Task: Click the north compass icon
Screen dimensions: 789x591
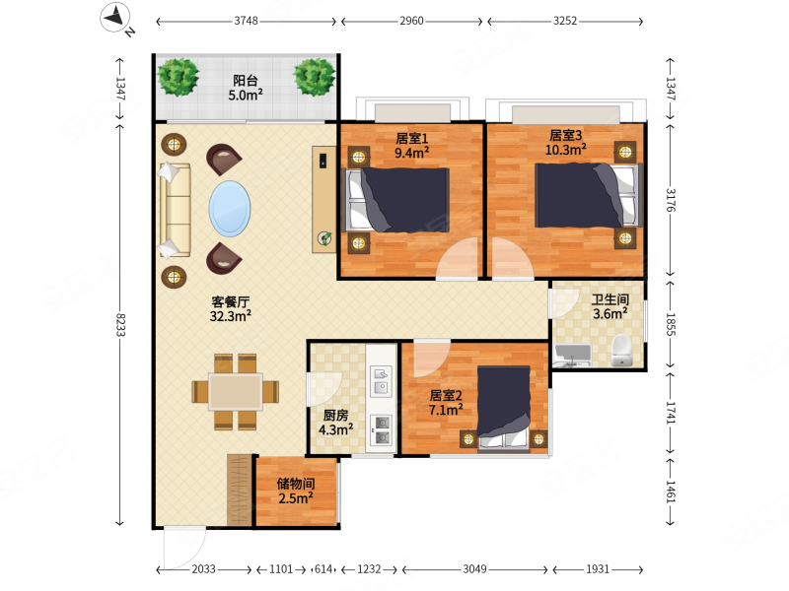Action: point(116,19)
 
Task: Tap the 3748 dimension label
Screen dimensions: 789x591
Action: point(246,21)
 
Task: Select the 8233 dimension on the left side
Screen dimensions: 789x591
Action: point(120,325)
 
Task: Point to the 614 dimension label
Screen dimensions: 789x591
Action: point(323,569)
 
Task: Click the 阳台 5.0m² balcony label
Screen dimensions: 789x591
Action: point(246,88)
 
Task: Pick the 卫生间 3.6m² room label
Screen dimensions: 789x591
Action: point(610,306)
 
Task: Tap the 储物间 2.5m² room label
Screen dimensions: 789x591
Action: point(296,491)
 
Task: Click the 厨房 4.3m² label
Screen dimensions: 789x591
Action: point(335,423)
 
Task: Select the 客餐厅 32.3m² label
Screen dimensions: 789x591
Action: point(231,309)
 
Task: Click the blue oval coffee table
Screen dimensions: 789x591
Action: point(230,209)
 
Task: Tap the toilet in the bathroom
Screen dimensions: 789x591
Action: point(621,351)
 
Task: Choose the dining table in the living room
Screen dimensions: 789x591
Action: point(236,391)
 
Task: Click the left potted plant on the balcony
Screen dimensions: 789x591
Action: point(178,77)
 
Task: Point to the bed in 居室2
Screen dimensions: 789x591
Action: point(504,407)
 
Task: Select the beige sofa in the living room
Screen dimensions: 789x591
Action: point(175,210)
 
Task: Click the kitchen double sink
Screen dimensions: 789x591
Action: point(381,380)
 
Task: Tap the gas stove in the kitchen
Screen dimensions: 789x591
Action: point(381,430)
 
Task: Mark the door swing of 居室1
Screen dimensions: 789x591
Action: point(457,258)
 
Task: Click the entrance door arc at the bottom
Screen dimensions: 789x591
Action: point(184,548)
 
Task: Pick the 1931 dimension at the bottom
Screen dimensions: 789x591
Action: point(598,569)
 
